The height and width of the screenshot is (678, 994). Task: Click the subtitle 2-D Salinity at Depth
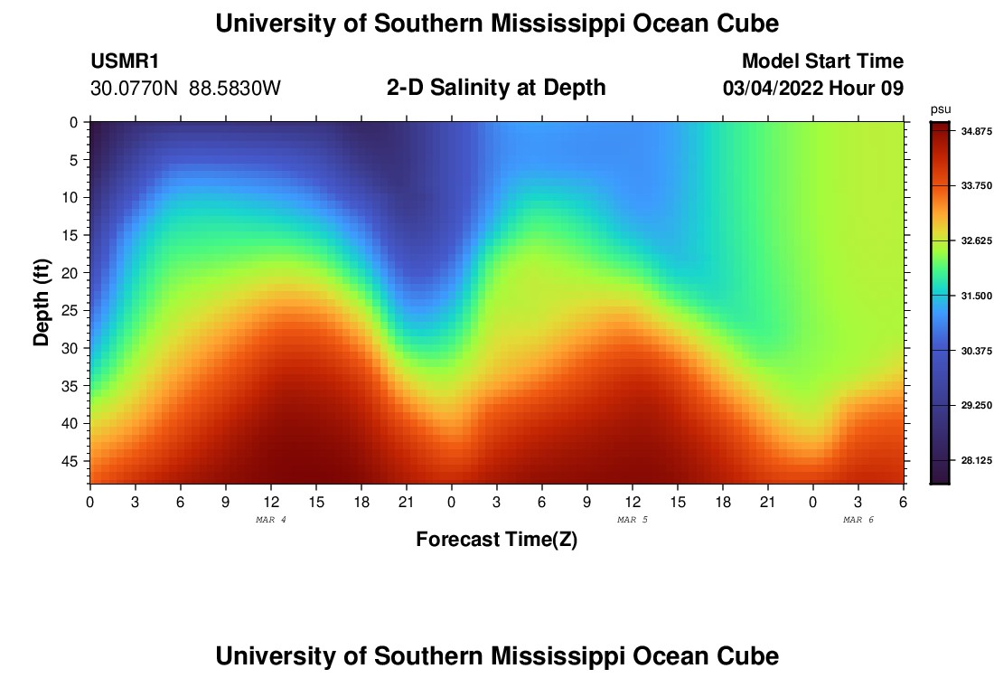[496, 88]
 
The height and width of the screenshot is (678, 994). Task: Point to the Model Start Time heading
[822, 61]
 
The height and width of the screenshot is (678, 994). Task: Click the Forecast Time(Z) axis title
[496, 540]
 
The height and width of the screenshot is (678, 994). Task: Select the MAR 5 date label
[633, 520]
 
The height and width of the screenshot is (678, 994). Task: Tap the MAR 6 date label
[858, 520]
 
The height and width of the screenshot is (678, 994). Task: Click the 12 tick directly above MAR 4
[271, 502]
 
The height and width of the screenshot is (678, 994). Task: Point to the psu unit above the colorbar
[940, 109]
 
